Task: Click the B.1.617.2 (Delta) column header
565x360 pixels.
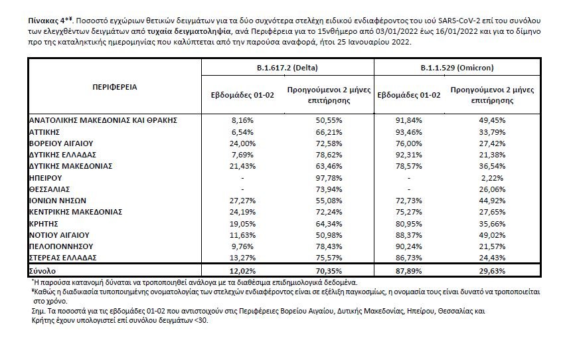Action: pos(287,68)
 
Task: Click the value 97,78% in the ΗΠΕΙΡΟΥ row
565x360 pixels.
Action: pos(329,178)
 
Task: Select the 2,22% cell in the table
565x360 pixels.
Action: pos(492,178)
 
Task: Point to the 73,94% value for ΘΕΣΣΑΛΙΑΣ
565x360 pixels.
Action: pos(329,189)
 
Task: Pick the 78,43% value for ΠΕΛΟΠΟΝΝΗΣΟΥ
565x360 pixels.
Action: pos(329,246)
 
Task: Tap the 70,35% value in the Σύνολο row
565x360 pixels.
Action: pos(329,271)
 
